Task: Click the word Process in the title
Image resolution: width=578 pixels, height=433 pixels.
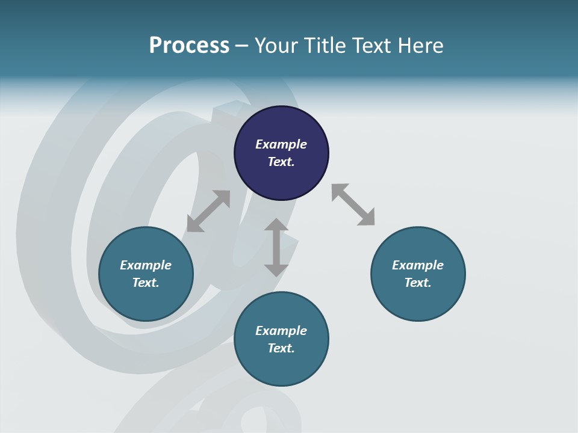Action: tap(189, 46)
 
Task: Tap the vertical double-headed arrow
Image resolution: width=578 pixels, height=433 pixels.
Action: tap(276, 247)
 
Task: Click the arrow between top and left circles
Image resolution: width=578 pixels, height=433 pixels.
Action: tap(208, 211)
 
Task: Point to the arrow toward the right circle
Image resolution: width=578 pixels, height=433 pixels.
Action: tap(353, 205)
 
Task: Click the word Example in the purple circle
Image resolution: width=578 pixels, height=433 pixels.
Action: tap(281, 144)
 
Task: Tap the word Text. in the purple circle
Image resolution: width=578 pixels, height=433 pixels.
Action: tap(281, 162)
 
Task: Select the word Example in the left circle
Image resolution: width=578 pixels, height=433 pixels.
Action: tap(146, 265)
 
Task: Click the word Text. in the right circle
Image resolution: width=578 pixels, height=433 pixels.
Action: tap(418, 283)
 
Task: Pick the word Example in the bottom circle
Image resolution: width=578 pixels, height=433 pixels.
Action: tap(281, 331)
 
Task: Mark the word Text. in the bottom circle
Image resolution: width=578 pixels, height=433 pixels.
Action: tap(281, 348)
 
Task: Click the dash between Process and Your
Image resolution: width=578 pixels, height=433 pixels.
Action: tap(241, 46)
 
